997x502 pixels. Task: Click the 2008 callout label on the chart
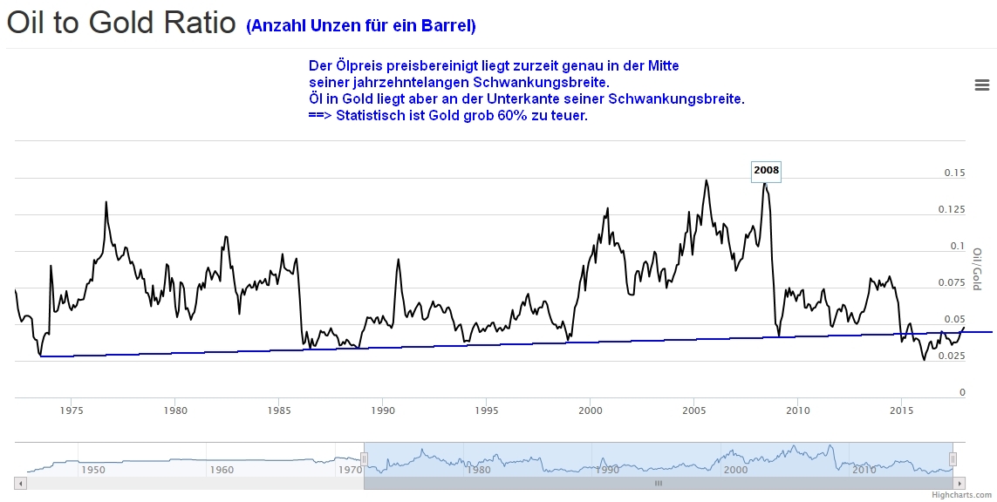[x=766, y=170]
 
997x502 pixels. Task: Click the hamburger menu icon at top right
[x=981, y=85]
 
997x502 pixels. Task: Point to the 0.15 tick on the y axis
[x=954, y=173]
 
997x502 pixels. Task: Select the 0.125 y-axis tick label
[x=952, y=209]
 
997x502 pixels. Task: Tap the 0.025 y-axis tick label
[x=952, y=356]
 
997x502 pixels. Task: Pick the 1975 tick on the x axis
[x=72, y=409]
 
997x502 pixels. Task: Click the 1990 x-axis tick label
[x=382, y=409]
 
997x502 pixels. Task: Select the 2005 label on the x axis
[x=693, y=409]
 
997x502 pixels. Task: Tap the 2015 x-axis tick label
[x=901, y=409]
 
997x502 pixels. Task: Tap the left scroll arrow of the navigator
[x=21, y=482]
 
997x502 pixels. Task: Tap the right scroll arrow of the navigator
[x=959, y=482]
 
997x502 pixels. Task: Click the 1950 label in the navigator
[x=92, y=469]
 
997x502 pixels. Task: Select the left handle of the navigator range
[x=365, y=458]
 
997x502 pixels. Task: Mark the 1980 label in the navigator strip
[x=478, y=469]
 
